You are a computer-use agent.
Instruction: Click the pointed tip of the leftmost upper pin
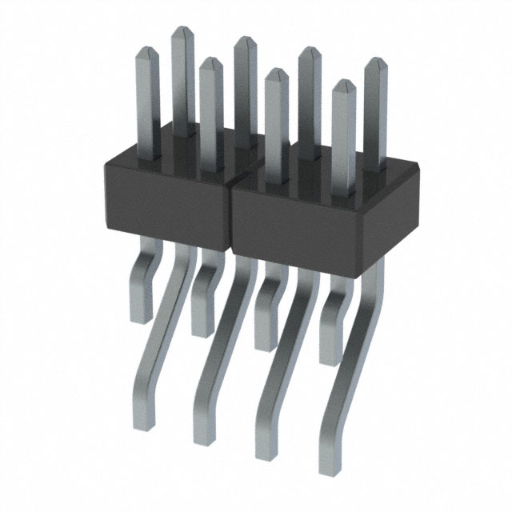146,50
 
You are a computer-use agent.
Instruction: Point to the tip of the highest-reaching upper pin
182,30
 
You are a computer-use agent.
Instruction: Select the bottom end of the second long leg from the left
204,438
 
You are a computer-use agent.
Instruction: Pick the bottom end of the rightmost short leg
330,362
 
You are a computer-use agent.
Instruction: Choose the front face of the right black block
296,228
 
